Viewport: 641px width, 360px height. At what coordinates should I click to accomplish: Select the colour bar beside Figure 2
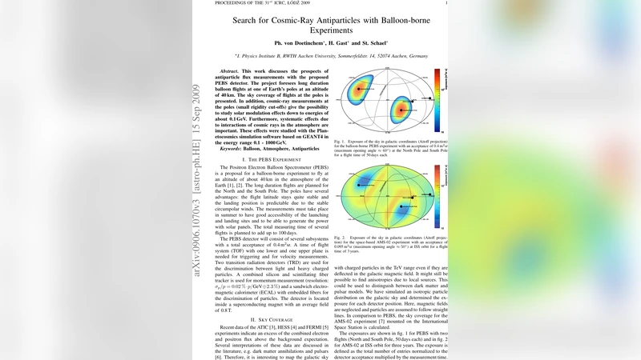point(437,196)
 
